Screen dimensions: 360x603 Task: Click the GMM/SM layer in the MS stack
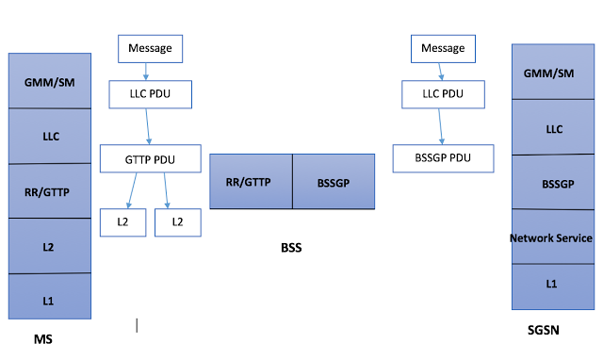[x=50, y=81]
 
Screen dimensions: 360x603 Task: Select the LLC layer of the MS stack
[x=50, y=136]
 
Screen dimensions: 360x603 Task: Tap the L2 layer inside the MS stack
[x=50, y=246]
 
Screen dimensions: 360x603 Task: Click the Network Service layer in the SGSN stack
[x=552, y=237]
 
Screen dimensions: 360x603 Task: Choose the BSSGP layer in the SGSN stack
[x=552, y=183]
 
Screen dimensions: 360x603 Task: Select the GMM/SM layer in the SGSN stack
[x=552, y=73]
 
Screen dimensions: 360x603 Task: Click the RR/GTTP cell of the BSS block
[x=250, y=181]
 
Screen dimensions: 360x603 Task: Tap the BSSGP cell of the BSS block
[x=334, y=181]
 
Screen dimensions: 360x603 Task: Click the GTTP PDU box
[x=151, y=157]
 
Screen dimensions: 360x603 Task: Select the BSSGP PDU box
[x=443, y=157]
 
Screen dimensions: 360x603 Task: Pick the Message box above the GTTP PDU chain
[x=150, y=47]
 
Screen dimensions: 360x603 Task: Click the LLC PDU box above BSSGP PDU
[x=443, y=93]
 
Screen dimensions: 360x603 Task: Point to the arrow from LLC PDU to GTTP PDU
[x=149, y=125]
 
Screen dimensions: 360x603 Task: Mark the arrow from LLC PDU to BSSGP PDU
[x=443, y=125]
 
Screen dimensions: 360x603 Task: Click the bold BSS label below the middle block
[x=291, y=248]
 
